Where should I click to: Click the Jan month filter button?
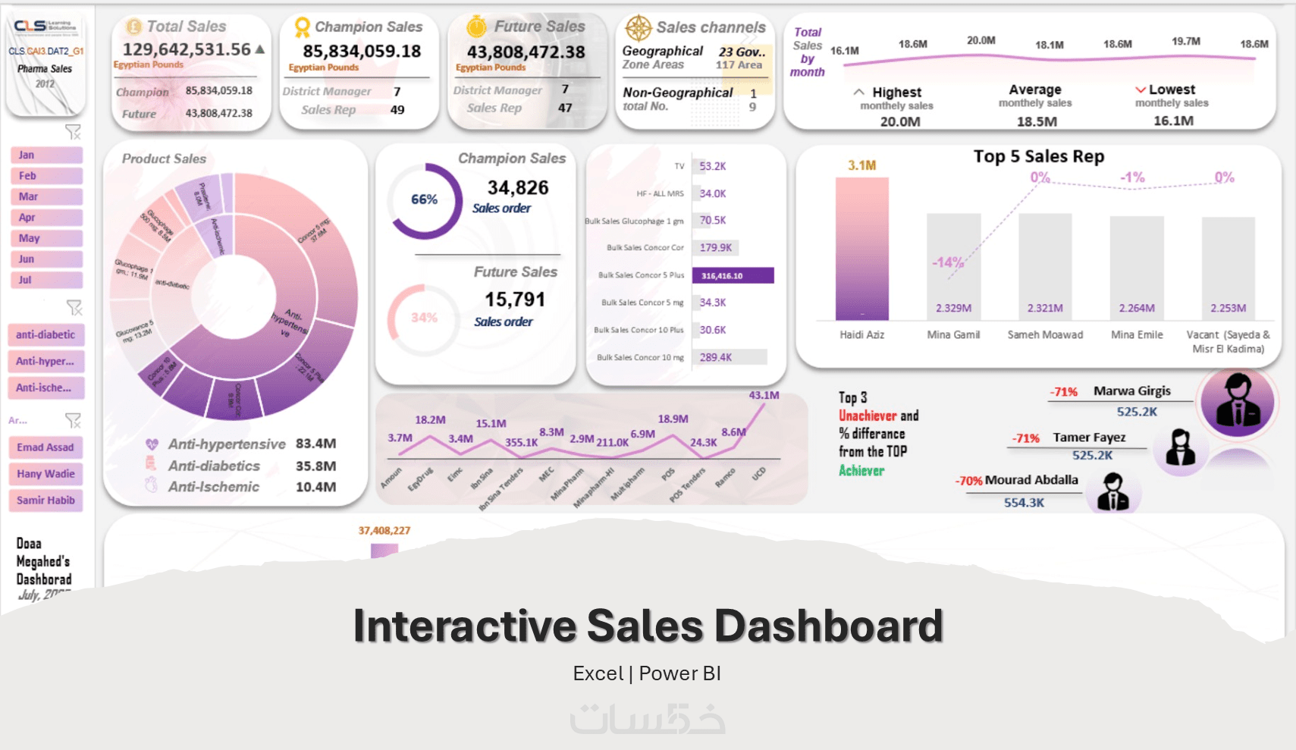tap(46, 155)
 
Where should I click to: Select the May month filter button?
tap(46, 238)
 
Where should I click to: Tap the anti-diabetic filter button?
tap(46, 334)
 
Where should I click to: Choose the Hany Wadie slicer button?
tap(46, 474)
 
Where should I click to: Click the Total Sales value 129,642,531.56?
tap(187, 49)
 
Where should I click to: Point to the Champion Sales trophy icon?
tap(302, 27)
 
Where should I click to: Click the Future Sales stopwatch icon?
tap(476, 27)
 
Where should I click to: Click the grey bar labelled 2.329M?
tap(953, 265)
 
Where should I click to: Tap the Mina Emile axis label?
tap(1136, 334)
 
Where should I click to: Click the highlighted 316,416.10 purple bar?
tap(733, 275)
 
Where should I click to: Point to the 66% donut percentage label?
tap(424, 199)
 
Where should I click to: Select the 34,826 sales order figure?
tap(518, 187)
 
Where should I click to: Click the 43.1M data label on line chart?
tap(763, 395)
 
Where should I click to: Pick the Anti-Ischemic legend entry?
tap(213, 487)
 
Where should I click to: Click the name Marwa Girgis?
tap(1131, 391)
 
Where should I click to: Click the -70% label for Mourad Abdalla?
tap(968, 481)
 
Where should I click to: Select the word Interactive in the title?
tap(464, 626)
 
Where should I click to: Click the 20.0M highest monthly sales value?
tap(900, 121)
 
